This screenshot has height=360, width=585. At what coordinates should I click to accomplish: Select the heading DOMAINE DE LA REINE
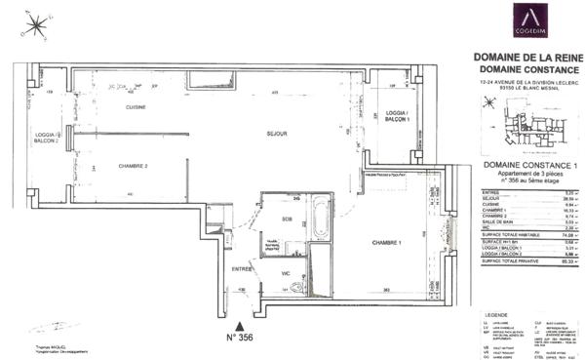(x=526, y=57)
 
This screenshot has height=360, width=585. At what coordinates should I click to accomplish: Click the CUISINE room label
(x=122, y=108)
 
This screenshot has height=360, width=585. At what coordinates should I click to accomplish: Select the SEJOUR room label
(x=254, y=132)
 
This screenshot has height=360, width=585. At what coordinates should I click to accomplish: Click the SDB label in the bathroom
(x=287, y=219)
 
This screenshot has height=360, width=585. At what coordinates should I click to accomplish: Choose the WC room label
(x=285, y=274)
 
